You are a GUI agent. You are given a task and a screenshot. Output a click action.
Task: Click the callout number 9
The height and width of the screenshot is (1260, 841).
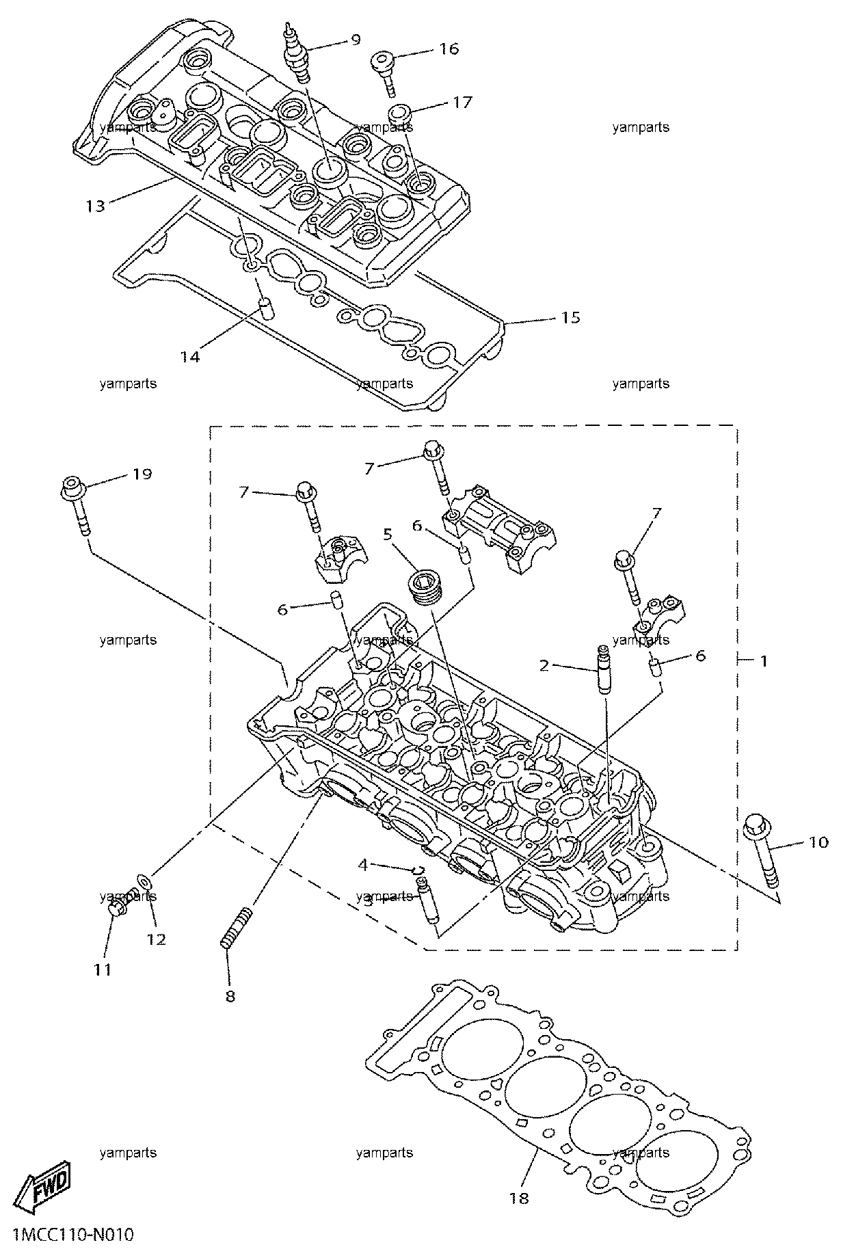pos(355,39)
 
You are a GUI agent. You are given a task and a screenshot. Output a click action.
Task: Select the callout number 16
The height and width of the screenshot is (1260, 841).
pos(449,49)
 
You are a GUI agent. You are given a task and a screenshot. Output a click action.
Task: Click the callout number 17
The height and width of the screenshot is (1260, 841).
pos(462,103)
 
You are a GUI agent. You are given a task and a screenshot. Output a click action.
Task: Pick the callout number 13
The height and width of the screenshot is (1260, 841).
pos(96,205)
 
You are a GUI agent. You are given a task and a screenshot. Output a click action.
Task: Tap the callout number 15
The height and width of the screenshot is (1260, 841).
pos(571,317)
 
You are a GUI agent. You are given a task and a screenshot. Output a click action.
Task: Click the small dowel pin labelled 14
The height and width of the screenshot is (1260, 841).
pos(267,309)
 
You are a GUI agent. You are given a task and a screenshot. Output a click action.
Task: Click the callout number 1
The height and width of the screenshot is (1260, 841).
pos(764,661)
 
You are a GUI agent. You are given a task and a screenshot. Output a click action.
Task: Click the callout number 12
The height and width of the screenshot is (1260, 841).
pos(157,939)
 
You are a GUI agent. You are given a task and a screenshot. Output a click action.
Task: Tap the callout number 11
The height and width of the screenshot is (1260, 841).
pos(103,969)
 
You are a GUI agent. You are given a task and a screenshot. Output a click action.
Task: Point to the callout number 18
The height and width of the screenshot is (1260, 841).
pos(520,1198)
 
